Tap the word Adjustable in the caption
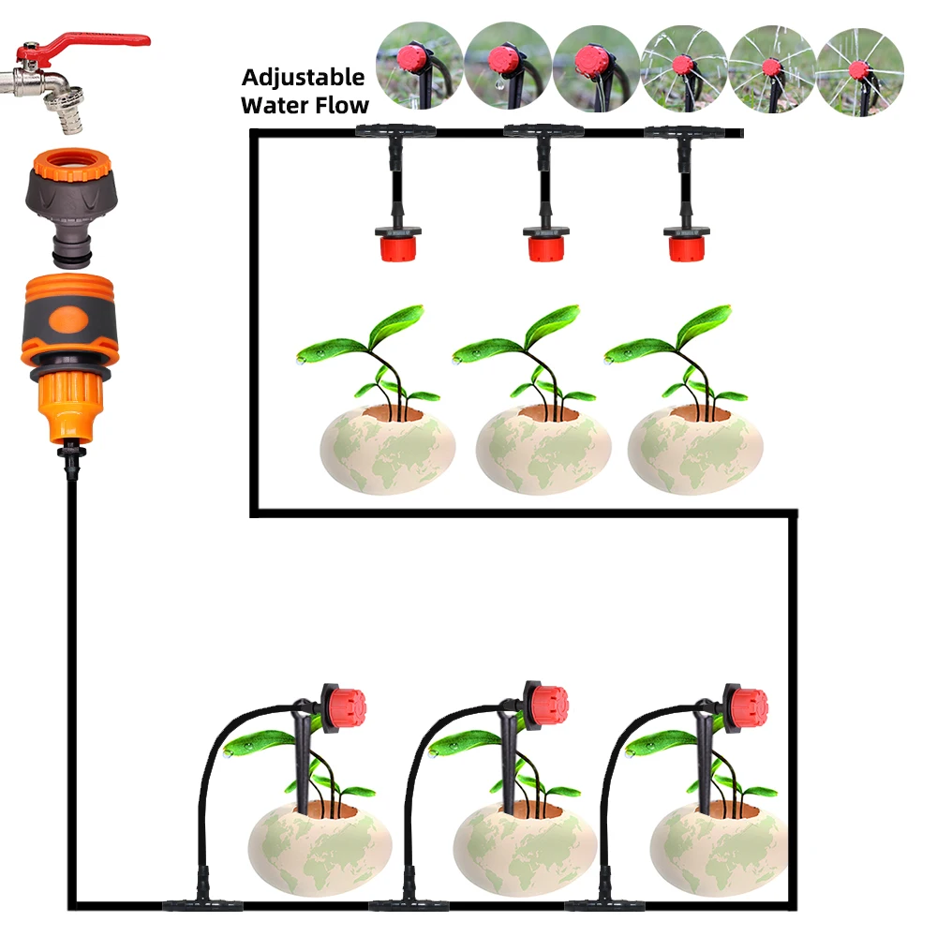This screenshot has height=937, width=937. click(302, 77)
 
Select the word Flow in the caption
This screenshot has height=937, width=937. click(342, 104)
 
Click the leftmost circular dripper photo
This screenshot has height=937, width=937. click(419, 67)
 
